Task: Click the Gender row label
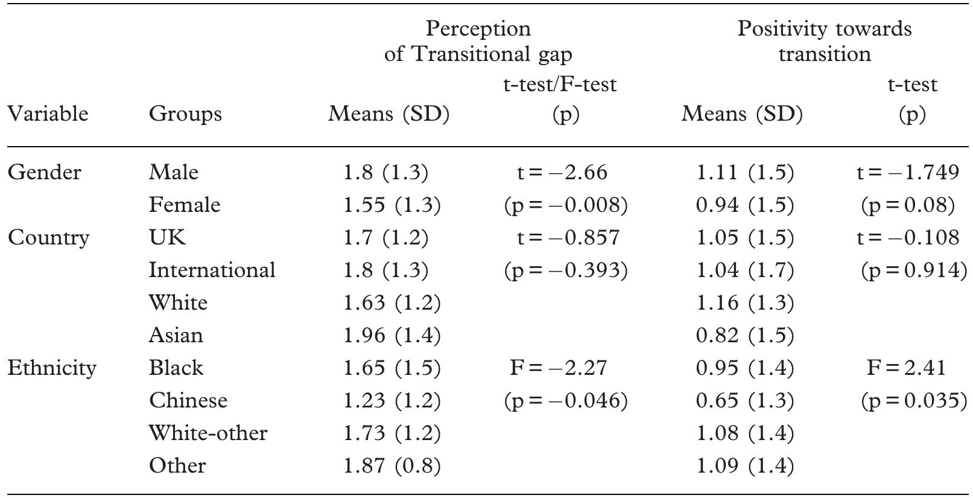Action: [x=44, y=173]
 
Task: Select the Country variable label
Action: [x=48, y=238]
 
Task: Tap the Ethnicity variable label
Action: [x=52, y=368]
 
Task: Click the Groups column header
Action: [x=185, y=114]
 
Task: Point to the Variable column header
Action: [x=48, y=114]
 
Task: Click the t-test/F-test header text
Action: [x=560, y=85]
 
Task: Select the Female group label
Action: [x=185, y=205]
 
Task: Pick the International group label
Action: [x=212, y=270]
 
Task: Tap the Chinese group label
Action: [x=188, y=401]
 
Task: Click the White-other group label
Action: [x=208, y=433]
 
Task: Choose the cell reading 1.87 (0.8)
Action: [x=391, y=466]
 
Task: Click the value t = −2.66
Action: [x=562, y=173]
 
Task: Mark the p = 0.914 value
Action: [x=913, y=270]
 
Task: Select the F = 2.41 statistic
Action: [x=906, y=368]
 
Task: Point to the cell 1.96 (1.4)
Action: [x=391, y=335]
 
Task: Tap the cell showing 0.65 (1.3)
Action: [x=744, y=401]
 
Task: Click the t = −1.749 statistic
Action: [x=907, y=173]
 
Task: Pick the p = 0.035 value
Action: [x=913, y=401]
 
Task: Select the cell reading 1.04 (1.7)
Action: [x=744, y=270]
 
